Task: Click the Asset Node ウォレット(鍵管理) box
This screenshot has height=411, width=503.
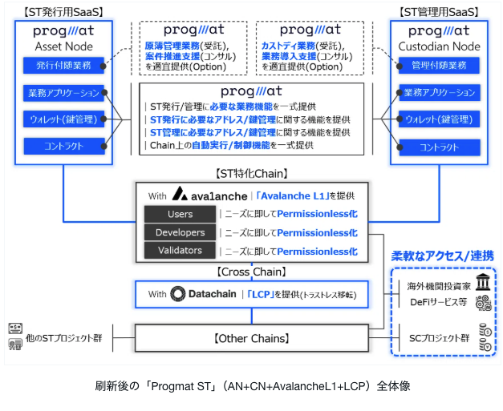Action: pos(63,119)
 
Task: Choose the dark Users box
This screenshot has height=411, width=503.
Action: pos(180,215)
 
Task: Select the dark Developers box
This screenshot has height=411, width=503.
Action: pos(180,232)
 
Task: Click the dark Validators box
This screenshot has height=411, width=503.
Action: pos(180,250)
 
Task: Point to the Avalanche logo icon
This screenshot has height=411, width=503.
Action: pos(181,195)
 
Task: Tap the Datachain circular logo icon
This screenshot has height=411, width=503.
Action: pos(178,294)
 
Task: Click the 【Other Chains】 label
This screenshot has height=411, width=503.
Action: pos(251,336)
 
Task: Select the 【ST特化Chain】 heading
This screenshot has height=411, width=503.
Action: pos(251,172)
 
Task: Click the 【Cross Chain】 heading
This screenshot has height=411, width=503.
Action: pos(251,272)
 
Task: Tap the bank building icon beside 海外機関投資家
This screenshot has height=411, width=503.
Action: pos(483,285)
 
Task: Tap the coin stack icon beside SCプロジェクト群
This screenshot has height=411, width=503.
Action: pos(483,336)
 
